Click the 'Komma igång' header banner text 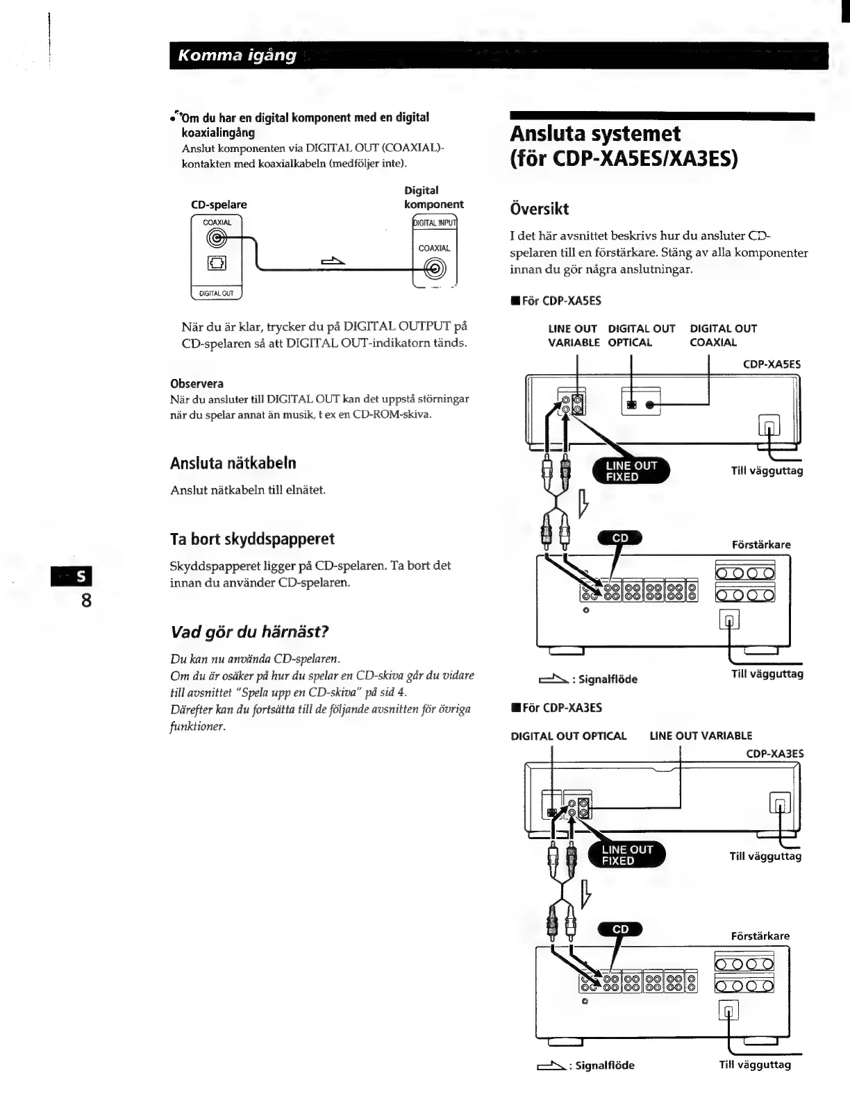237,56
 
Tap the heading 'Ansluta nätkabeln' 233,463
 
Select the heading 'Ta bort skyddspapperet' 252,539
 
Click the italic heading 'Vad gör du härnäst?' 249,632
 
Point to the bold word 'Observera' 197,383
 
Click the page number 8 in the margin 86,600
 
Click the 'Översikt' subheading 540,209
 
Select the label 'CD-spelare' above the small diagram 219,205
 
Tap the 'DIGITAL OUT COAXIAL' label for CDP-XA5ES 723,335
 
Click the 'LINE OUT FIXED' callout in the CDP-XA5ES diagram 631,471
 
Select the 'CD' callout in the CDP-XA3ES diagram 620,929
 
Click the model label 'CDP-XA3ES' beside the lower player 774,753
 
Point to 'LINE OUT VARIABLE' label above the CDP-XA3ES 701,736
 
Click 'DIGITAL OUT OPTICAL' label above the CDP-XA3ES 569,736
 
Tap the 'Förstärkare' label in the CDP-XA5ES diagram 761,545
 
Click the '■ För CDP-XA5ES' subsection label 556,301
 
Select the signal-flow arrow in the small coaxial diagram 333,260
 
